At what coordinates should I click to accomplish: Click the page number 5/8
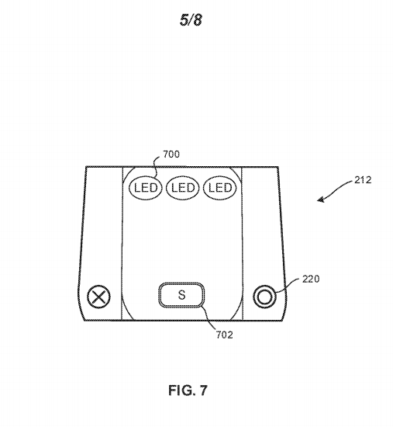pyautogui.click(x=191, y=20)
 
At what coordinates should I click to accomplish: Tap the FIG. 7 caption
pyautogui.click(x=188, y=390)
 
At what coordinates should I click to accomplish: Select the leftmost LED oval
pyautogui.click(x=146, y=188)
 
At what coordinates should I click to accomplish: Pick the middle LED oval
pyautogui.click(x=182, y=188)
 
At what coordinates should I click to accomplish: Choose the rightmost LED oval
pyautogui.click(x=219, y=188)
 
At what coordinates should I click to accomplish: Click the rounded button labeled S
pyautogui.click(x=181, y=295)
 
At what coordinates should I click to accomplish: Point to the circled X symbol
pyautogui.click(x=98, y=297)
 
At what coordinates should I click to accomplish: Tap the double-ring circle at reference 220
pyautogui.click(x=264, y=297)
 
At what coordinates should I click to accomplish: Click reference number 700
pyautogui.click(x=171, y=154)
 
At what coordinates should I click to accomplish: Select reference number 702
pyautogui.click(x=225, y=335)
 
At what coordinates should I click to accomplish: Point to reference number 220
pyautogui.click(x=311, y=279)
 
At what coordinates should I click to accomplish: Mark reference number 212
pyautogui.click(x=363, y=180)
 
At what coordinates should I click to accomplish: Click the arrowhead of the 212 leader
pyautogui.click(x=320, y=200)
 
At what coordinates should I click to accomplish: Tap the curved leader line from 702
pyautogui.click(x=209, y=318)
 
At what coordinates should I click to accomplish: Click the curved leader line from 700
pyautogui.click(x=156, y=167)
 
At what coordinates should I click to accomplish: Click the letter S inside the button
pyautogui.click(x=181, y=295)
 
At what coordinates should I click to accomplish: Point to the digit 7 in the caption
pyautogui.click(x=203, y=390)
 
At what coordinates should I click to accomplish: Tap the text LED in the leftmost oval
pyautogui.click(x=146, y=188)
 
